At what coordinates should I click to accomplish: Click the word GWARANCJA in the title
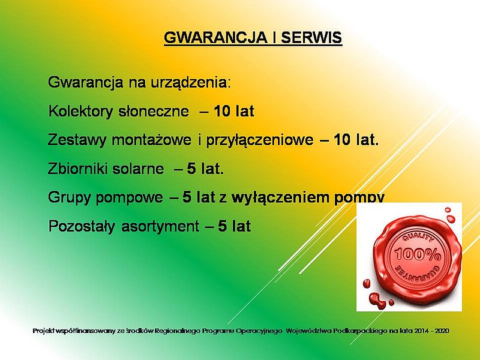click(x=215, y=37)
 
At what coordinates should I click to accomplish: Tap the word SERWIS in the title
click(x=311, y=37)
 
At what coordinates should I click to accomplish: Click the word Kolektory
click(x=81, y=111)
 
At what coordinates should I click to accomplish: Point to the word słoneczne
click(x=154, y=111)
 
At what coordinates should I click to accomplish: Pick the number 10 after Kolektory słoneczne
click(x=222, y=111)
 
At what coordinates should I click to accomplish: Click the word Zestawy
click(x=77, y=140)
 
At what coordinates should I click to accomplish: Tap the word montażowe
click(x=152, y=140)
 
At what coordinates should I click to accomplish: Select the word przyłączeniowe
click(x=260, y=140)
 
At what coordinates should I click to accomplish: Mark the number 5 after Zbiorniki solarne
click(x=191, y=169)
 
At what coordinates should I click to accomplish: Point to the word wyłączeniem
click(x=280, y=197)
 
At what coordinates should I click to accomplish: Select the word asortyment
click(x=160, y=227)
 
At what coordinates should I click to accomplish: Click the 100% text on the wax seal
click(x=418, y=254)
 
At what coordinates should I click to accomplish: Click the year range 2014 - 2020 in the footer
click(x=431, y=331)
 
